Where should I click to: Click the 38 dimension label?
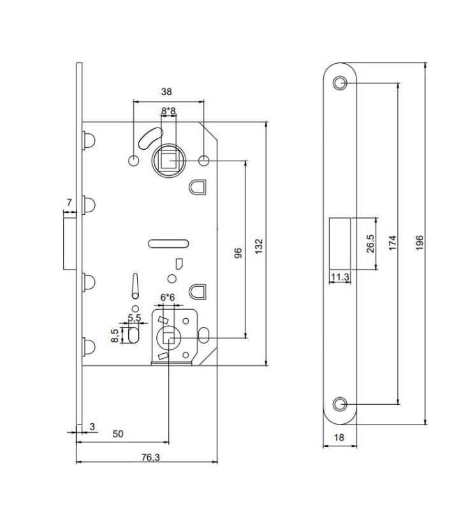tap(166, 92)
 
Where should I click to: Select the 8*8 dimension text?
tap(168, 111)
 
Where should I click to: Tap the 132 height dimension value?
tap(259, 246)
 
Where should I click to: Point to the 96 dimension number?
tap(238, 252)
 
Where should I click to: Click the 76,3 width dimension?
tap(150, 457)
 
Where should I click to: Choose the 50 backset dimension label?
tap(118, 434)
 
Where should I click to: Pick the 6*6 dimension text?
tap(168, 297)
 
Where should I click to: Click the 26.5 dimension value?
tap(370, 244)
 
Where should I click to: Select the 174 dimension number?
tap(393, 243)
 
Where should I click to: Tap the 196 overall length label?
tap(420, 243)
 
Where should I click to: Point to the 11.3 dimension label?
tap(340, 277)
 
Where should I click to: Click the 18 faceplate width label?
tap(339, 437)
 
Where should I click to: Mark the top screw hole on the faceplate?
tap(340, 83)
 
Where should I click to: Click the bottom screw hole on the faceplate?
tap(340, 404)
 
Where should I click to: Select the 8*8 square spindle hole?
tap(168, 161)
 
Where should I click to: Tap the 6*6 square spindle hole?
tap(168, 338)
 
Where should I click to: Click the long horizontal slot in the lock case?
tap(168, 244)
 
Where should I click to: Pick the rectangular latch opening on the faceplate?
tap(340, 244)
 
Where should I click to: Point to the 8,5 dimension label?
tap(115, 335)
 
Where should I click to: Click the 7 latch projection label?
tap(69, 202)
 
